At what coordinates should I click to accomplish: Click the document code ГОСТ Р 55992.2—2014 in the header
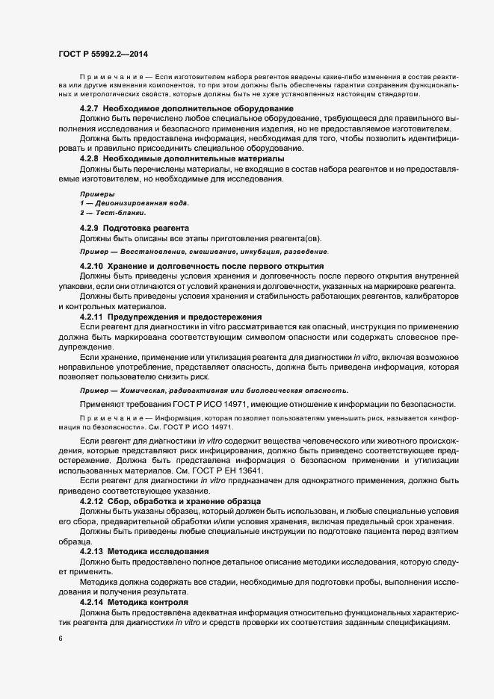coord(104,55)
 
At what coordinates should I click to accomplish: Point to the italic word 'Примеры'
coord(93,193)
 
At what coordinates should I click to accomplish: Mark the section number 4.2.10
coord(91,266)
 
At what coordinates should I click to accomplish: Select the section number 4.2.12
coord(91,501)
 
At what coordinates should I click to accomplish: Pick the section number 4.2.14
coord(91,601)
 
